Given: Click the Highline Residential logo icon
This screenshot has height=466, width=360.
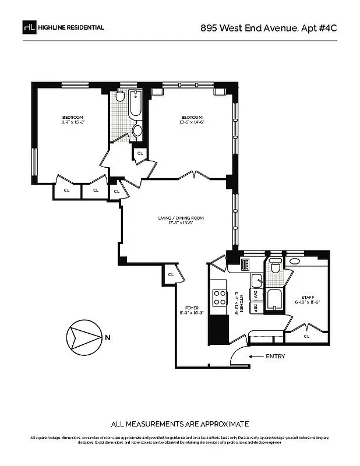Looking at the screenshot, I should [29, 27].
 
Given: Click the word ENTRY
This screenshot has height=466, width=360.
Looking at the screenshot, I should [275, 356].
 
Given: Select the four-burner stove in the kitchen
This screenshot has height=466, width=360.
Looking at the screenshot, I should [220, 298].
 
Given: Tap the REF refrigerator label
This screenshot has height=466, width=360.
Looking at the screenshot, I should [255, 309].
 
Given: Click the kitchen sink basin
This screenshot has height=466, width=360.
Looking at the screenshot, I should [256, 280].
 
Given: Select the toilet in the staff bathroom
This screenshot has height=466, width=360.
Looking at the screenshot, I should [276, 267].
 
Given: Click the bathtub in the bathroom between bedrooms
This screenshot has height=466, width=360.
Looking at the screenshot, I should [135, 105].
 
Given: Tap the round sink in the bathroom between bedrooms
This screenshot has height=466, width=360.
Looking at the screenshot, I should [137, 130].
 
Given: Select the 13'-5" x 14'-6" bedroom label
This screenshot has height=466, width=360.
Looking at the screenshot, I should [192, 119].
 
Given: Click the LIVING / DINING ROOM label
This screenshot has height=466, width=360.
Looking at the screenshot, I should [181, 220].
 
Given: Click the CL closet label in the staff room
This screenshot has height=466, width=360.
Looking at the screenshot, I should [306, 336].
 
